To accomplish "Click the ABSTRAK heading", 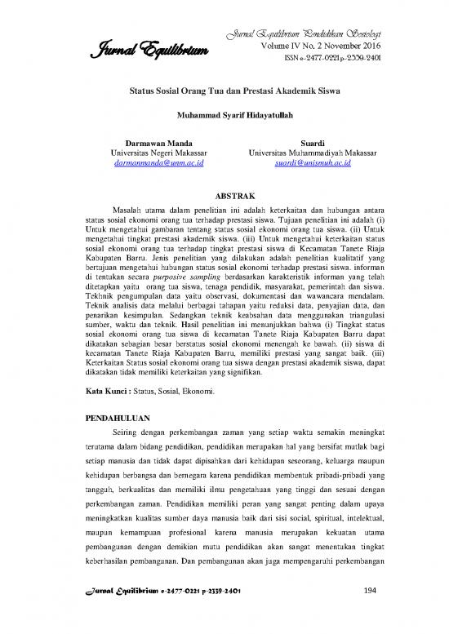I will [224, 197].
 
